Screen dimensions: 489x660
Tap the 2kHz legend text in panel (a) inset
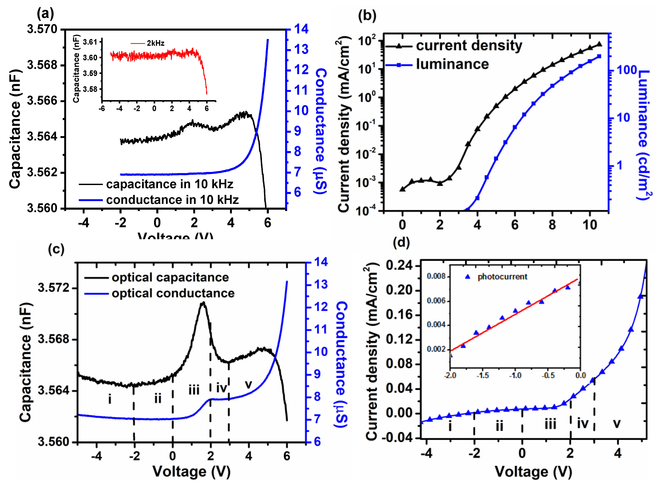tap(155, 43)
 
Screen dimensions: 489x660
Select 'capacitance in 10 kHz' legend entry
tap(169, 184)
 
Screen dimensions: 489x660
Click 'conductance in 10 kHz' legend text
tap(172, 200)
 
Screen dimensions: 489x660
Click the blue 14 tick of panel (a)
tap(301, 29)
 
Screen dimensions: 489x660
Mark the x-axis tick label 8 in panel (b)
tap(552, 225)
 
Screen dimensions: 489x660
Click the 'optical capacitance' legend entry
tap(170, 277)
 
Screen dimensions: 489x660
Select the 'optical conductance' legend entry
tap(173, 293)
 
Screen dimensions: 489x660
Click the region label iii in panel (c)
tap(194, 390)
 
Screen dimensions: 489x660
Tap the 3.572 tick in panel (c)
tap(53, 288)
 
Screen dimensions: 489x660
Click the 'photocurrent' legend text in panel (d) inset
tap(502, 277)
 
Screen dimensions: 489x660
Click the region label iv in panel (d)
tap(583, 424)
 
